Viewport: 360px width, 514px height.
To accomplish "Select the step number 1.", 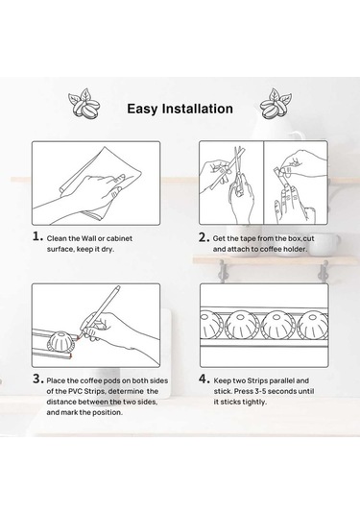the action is [37, 236].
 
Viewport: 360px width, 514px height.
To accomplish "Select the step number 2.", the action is [204, 237].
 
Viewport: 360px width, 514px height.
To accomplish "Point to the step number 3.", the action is [38, 379].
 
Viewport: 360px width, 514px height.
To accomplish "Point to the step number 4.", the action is [204, 379].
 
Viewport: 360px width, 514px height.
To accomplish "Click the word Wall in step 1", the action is [88, 238].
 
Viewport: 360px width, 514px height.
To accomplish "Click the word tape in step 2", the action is [248, 238].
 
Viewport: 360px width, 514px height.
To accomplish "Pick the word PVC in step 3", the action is [75, 391].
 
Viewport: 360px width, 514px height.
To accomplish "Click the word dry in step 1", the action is [107, 249].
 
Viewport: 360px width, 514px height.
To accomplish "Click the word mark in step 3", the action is [69, 412].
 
